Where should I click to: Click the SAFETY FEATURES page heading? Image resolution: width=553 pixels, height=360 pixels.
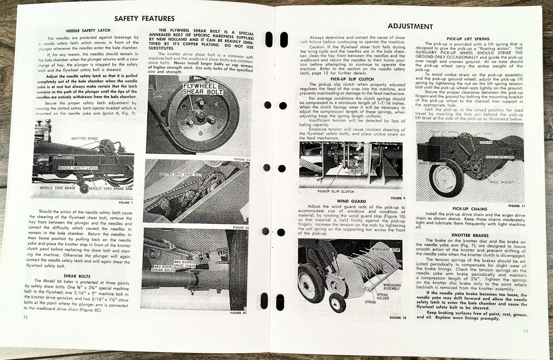point(144,19)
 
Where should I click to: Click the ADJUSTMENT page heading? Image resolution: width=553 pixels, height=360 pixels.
point(410,26)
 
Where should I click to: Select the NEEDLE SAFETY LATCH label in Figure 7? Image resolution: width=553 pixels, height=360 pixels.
point(78,168)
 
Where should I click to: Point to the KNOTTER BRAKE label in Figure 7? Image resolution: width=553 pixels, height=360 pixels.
point(85,138)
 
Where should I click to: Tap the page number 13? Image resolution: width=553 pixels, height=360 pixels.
point(525,331)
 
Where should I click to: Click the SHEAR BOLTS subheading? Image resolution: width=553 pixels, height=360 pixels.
point(77,276)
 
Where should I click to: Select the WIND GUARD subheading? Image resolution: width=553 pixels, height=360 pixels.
point(351,201)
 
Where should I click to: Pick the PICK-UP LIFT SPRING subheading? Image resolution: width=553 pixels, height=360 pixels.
point(468,39)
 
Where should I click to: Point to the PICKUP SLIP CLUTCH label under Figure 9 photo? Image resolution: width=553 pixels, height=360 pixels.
point(336,191)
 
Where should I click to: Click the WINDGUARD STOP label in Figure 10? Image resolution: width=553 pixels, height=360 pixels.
point(385,249)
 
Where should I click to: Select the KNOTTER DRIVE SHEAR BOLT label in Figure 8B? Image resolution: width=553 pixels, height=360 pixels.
point(180,175)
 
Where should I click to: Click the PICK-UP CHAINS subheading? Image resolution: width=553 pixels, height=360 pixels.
point(469,209)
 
